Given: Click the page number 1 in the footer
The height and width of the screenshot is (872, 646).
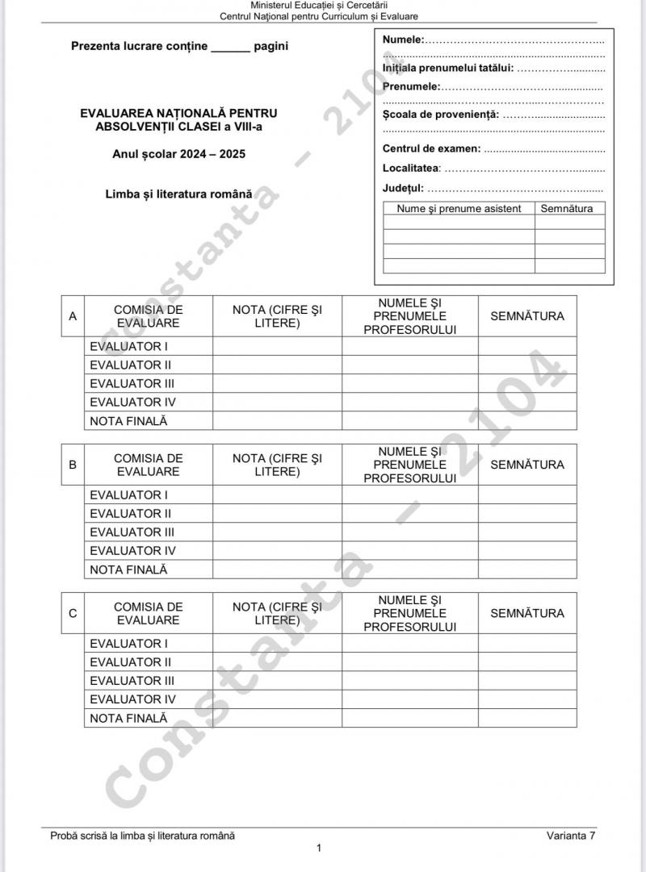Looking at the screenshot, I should (x=319, y=848).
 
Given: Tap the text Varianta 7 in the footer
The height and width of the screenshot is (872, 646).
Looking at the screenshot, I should (x=571, y=836).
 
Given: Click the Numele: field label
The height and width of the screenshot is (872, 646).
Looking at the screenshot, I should (x=403, y=40).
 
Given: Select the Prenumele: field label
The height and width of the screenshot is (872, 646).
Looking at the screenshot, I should (x=411, y=86).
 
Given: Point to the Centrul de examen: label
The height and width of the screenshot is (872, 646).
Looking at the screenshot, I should (x=431, y=148).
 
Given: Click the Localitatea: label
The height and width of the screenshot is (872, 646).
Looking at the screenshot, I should (x=412, y=169).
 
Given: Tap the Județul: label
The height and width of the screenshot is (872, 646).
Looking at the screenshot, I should (x=403, y=189).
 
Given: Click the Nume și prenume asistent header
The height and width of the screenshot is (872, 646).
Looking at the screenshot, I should (x=459, y=208).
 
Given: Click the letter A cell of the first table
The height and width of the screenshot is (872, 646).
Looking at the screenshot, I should (x=73, y=316).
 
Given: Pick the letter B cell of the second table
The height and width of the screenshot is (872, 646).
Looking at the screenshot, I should (x=73, y=465).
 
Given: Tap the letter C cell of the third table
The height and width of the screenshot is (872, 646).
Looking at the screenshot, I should (x=73, y=613).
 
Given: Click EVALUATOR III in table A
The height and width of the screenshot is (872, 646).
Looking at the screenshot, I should (x=132, y=384).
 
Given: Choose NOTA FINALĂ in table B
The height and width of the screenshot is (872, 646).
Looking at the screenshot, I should (x=128, y=570).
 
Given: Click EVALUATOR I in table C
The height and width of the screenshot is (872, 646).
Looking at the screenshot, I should (x=128, y=644).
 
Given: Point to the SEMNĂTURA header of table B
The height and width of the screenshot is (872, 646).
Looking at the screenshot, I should (x=527, y=465).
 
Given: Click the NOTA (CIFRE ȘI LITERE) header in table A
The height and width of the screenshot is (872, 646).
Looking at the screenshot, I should (x=277, y=316).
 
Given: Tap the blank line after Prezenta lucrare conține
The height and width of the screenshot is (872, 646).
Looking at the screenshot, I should (x=231, y=47).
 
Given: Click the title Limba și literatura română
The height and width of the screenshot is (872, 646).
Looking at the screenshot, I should (x=178, y=194).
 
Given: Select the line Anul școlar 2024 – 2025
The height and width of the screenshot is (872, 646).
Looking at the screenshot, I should (x=179, y=154).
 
